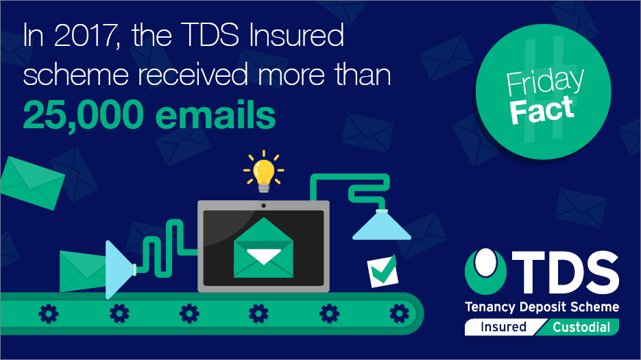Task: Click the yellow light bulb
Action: [264, 175]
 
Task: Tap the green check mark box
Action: [383, 271]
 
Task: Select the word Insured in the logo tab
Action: [503, 327]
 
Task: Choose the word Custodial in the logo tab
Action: [581, 327]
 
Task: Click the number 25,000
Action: [84, 115]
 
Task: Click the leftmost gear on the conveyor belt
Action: [49, 314]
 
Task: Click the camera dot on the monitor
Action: [264, 206]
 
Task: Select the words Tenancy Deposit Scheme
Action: [542, 307]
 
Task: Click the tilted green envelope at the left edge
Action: [32, 183]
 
